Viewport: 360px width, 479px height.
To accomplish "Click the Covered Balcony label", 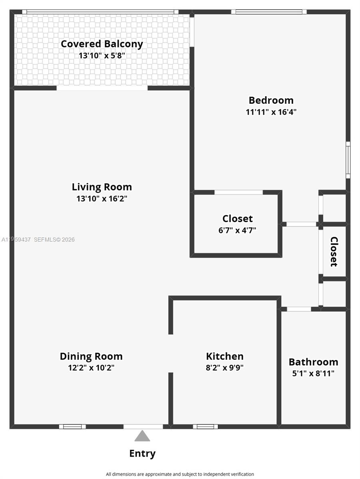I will coord(101,44).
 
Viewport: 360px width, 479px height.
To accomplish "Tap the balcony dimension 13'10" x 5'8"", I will coord(101,55).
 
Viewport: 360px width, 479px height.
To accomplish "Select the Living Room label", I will coord(101,187).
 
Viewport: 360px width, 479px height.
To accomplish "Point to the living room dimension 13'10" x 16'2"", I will coord(101,198).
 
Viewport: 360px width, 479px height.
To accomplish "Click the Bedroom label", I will coord(271,100).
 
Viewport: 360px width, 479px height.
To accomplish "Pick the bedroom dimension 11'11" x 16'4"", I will coord(271,112).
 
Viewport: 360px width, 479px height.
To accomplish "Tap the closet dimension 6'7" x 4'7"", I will coord(237,230).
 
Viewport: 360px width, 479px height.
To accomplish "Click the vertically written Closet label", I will coord(334,251).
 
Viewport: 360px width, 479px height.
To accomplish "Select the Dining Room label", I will coord(91,356).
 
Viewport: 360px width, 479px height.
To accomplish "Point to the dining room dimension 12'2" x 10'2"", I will coord(91,368).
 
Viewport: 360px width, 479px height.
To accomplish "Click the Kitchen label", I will coord(225,356).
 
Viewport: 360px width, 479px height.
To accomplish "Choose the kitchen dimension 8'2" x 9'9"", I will coord(225,368).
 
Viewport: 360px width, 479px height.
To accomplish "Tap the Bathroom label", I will coord(313,362).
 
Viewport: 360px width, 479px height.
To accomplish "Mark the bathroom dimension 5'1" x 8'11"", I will coord(313,374).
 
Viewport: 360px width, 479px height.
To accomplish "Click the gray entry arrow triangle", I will coord(142,436).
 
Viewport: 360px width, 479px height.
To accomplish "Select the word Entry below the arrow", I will coord(142,453).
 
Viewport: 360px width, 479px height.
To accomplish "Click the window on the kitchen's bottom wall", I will coord(205,426).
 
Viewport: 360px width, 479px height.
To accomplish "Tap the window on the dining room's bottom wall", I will coord(72,426).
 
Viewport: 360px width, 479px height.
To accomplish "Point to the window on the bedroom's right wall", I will coord(348,160).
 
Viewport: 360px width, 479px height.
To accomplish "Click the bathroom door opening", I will coord(299,309).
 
